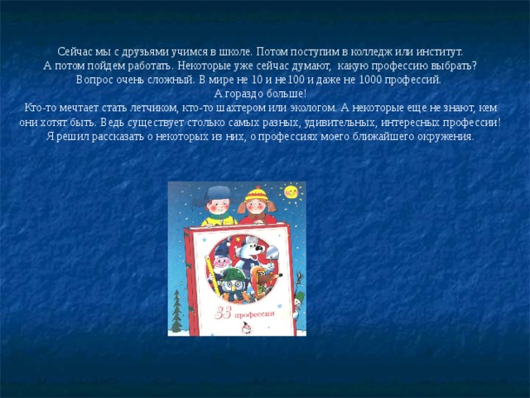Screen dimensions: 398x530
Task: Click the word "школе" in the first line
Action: [224, 50]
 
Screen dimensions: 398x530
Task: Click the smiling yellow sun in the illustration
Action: [291, 192]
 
